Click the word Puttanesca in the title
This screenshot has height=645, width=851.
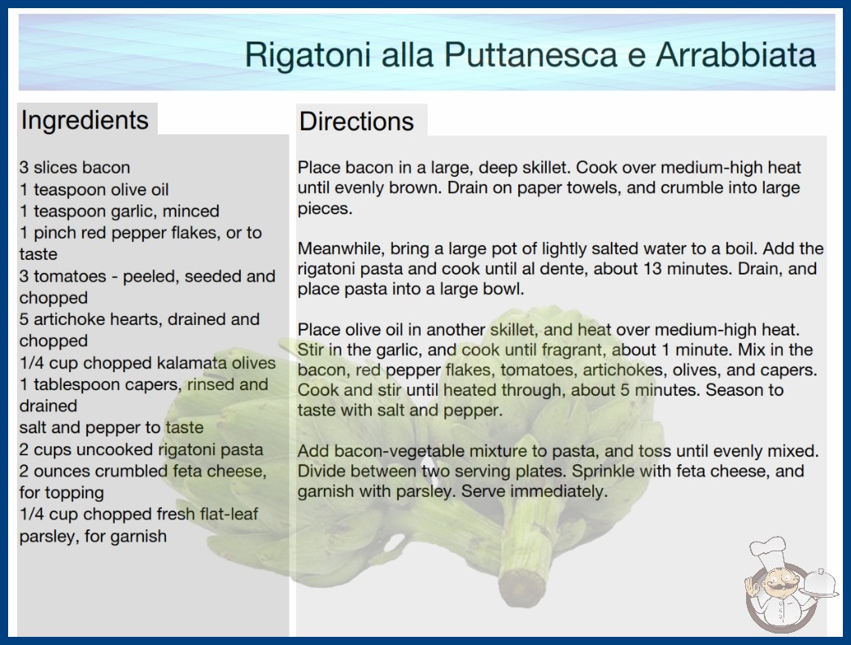click(x=530, y=55)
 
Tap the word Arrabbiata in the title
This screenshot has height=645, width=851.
click(x=736, y=55)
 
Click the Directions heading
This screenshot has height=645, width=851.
click(x=356, y=121)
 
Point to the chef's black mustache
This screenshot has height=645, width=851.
click(x=779, y=586)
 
